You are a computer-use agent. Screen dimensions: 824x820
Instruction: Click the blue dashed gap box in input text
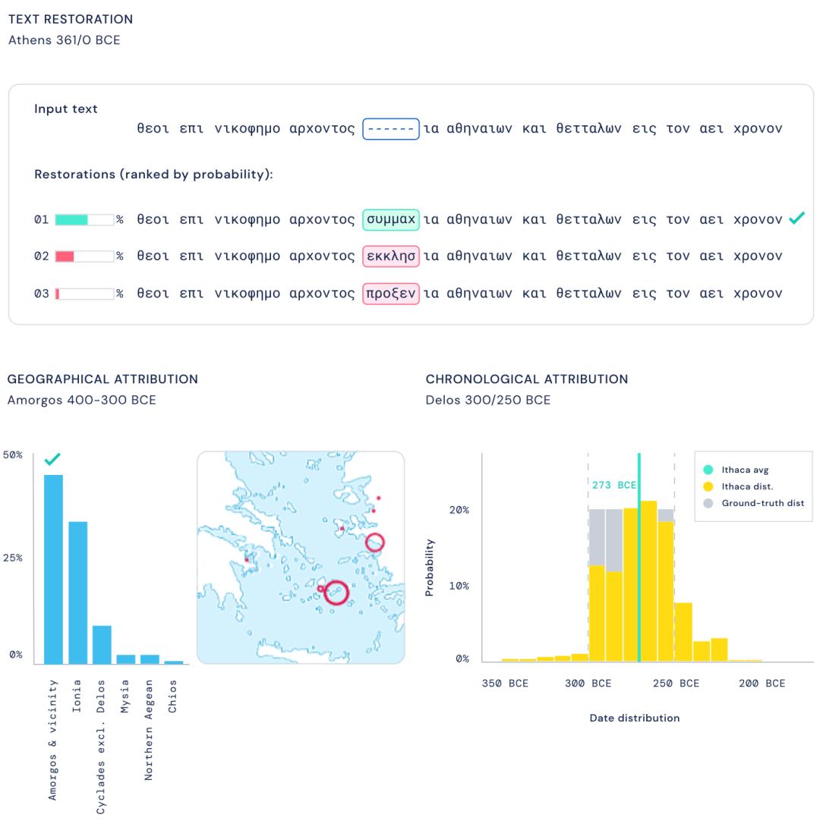click(391, 129)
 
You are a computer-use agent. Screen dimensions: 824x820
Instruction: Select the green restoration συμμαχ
click(391, 219)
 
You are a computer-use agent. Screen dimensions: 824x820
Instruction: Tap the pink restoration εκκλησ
click(391, 256)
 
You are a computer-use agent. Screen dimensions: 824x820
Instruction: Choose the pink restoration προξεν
click(391, 293)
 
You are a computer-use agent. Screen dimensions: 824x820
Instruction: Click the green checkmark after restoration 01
click(796, 219)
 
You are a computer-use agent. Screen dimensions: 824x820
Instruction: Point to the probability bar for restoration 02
click(84, 256)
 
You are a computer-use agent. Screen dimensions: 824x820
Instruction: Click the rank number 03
click(41, 294)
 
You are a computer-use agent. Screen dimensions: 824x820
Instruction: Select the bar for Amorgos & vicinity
click(53, 569)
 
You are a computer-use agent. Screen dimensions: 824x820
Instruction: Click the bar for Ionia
click(77, 593)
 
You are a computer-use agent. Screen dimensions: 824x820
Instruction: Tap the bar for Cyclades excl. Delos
click(102, 645)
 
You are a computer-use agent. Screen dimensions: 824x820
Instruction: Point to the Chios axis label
click(173, 695)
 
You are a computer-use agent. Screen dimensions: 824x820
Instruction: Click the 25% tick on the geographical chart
click(13, 558)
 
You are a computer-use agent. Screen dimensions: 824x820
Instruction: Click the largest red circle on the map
click(336, 593)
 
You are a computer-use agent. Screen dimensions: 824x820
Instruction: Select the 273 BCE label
click(613, 486)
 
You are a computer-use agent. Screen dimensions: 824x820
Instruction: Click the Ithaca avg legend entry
click(745, 470)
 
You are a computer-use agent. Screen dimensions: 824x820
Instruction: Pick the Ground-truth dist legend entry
click(762, 503)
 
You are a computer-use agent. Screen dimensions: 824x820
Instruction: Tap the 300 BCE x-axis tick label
click(588, 684)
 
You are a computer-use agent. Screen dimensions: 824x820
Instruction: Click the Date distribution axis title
click(635, 718)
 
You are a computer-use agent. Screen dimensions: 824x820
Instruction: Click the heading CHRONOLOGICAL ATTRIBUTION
click(527, 379)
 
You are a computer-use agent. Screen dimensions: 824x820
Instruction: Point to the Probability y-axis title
click(430, 568)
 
